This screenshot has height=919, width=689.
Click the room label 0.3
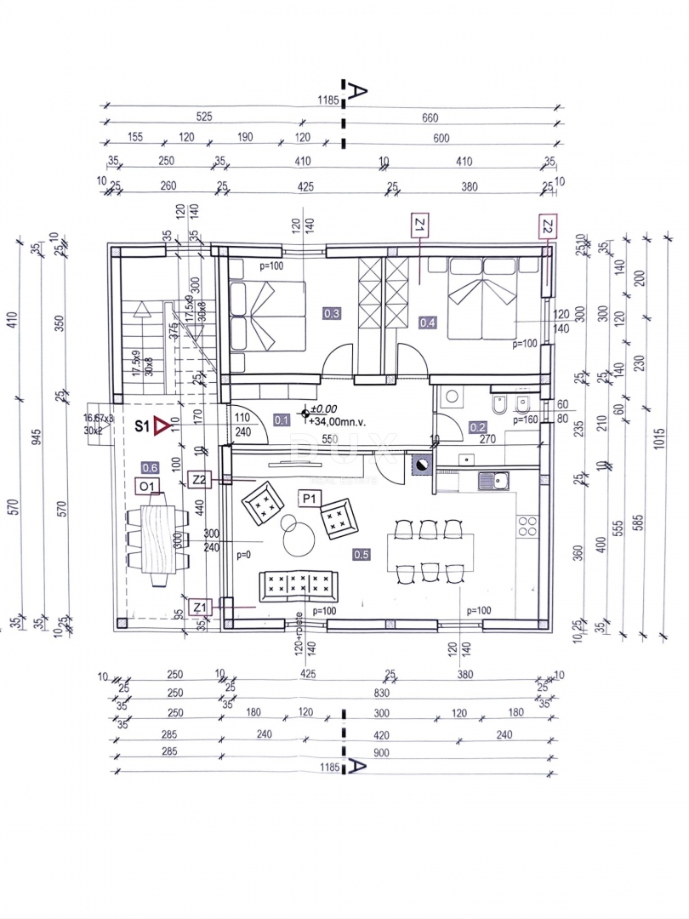pos(332,314)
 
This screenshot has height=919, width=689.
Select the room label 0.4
pos(427,322)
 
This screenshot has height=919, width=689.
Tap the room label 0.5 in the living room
pos(361,554)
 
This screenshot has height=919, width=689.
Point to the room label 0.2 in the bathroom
pos(478,427)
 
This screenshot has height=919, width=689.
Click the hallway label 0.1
pos(282,419)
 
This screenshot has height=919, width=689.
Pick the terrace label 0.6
pos(150,466)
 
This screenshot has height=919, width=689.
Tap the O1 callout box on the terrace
pos(149,486)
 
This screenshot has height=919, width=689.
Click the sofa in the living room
pos(298,585)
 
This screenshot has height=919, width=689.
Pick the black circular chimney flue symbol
pos(421,465)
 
